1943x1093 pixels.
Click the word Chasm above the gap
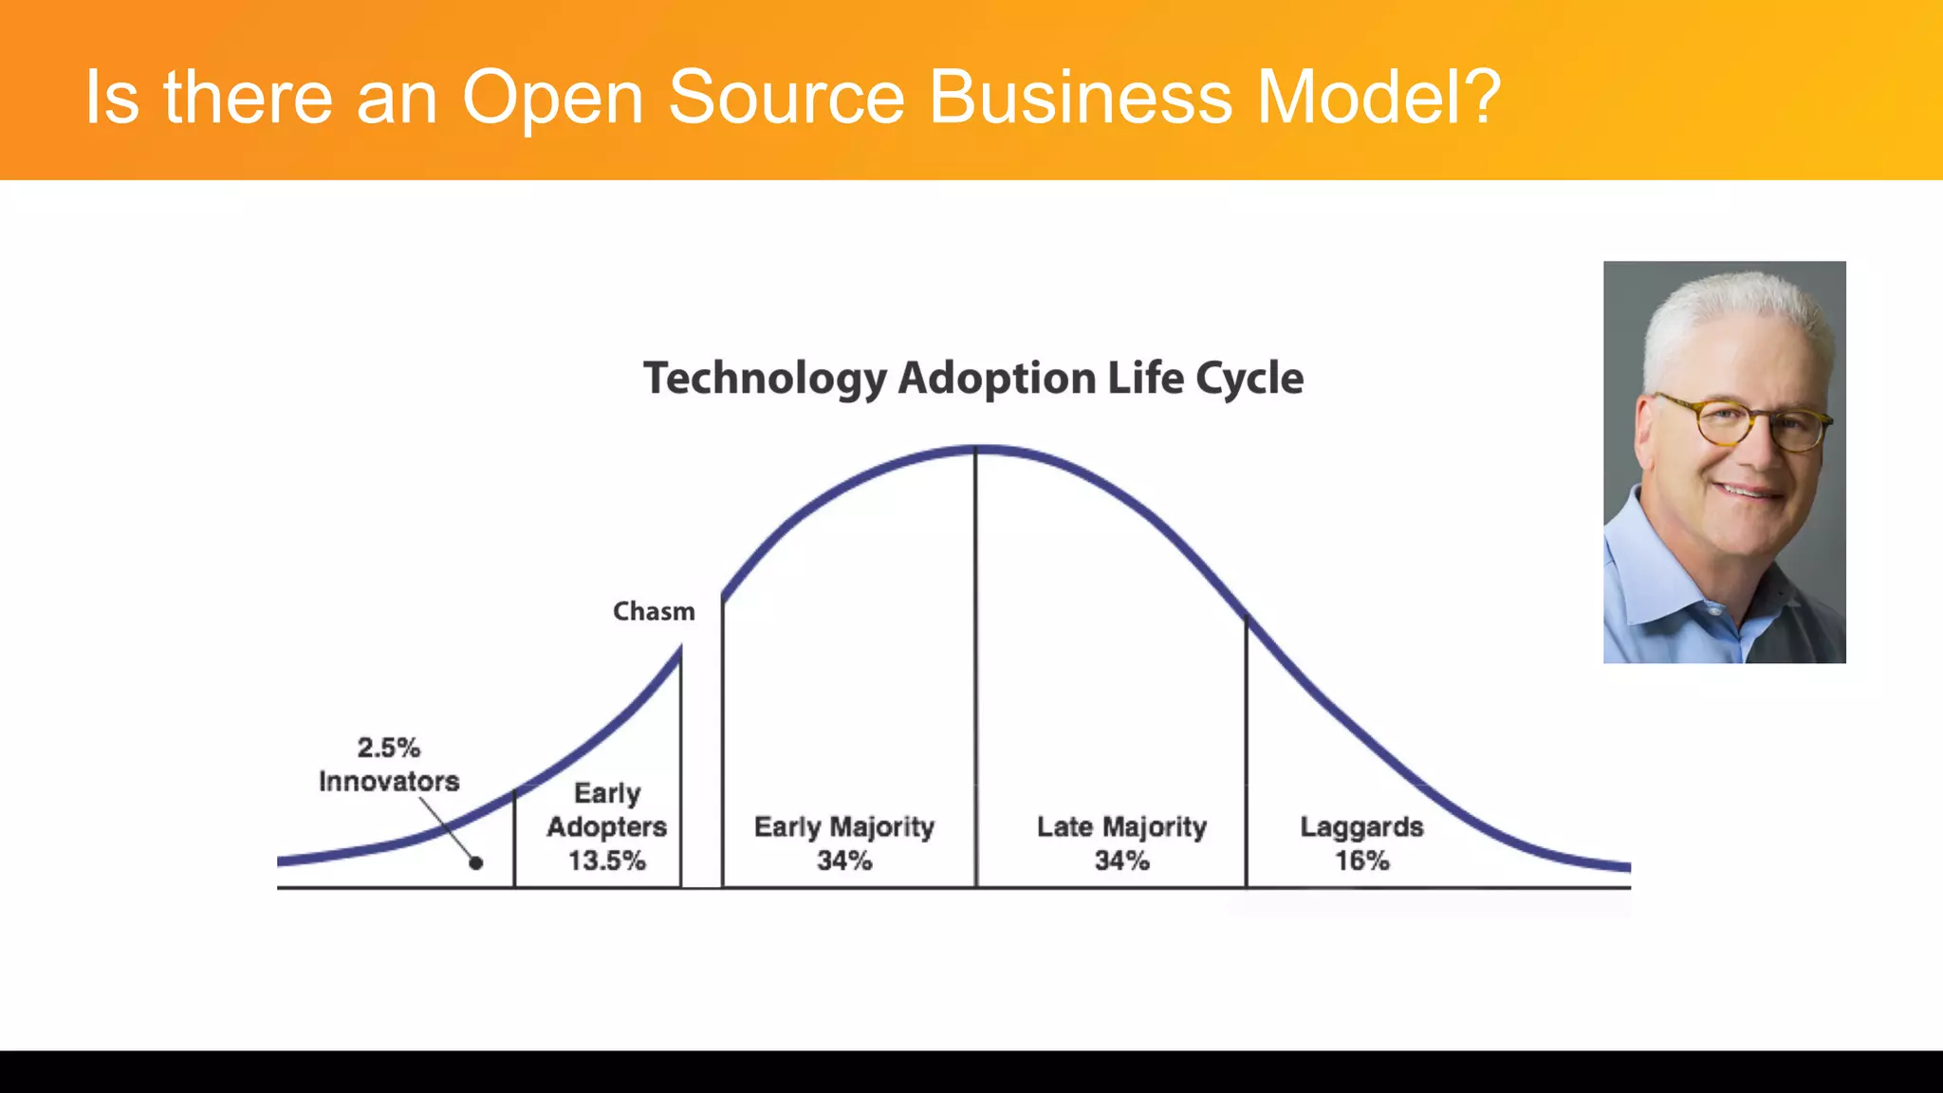(x=654, y=611)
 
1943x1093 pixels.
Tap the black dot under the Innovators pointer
(x=476, y=862)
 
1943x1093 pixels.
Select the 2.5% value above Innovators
(x=389, y=748)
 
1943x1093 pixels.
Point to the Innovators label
(x=389, y=782)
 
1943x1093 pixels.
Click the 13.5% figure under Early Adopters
(x=607, y=861)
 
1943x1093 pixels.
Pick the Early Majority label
(x=844, y=826)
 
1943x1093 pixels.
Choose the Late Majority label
(x=1121, y=826)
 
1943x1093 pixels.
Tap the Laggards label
(x=1361, y=826)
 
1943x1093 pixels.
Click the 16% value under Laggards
(x=1362, y=861)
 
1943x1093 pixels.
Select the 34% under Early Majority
(x=844, y=861)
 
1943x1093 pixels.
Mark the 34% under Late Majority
(x=1121, y=861)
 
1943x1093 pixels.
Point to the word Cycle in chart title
(x=1249, y=379)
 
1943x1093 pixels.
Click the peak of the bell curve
(x=977, y=449)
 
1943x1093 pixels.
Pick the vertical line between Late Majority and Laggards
(x=1246, y=759)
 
